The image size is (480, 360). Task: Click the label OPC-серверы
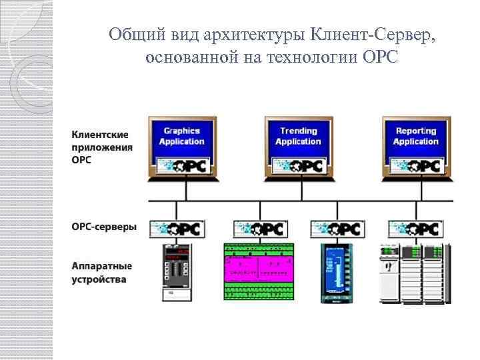click(x=104, y=227)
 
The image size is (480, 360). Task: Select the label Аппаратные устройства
click(x=102, y=272)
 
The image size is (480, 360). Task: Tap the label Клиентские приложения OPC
click(x=102, y=147)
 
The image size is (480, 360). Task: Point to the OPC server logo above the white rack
click(x=414, y=229)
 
